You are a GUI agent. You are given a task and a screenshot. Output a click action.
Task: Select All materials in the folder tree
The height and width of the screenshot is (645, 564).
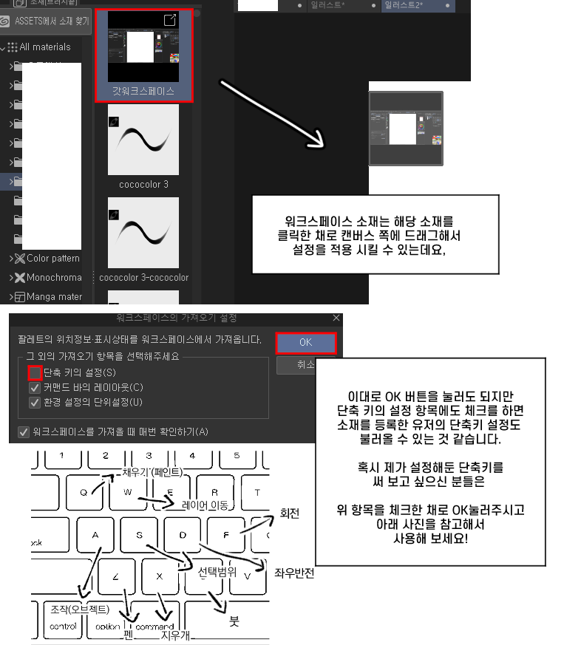[x=44, y=47]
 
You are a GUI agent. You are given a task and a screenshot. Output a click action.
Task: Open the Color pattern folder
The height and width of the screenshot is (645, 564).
[x=52, y=259]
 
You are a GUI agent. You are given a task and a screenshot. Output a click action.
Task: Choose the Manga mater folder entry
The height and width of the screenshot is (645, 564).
[x=54, y=297]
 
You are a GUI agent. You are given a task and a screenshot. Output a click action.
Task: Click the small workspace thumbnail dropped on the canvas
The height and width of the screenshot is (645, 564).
[x=406, y=129]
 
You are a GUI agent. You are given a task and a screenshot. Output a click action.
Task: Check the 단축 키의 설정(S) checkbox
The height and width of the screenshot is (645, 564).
[x=34, y=373]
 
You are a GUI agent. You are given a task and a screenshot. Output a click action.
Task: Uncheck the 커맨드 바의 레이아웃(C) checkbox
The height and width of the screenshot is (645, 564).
[x=34, y=388]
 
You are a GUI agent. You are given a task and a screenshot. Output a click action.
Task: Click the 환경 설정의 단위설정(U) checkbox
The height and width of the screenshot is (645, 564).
[x=34, y=403]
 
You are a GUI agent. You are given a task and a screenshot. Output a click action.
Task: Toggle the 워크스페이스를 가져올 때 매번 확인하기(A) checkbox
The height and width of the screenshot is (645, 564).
[x=24, y=431]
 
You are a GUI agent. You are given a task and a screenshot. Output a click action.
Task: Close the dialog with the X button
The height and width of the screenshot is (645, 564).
[x=336, y=318]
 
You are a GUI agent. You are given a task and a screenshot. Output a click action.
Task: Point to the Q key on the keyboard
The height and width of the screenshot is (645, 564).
[x=83, y=491]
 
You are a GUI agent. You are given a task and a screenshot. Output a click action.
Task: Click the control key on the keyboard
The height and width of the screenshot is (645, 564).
[x=63, y=626]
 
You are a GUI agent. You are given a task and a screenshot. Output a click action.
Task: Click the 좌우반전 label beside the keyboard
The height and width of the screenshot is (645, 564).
[x=294, y=573]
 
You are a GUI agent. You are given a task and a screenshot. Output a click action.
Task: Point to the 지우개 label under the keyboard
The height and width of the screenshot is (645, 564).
[x=177, y=635]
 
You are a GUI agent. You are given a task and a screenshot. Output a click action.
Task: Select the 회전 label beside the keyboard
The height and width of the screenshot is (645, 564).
[x=289, y=513]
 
